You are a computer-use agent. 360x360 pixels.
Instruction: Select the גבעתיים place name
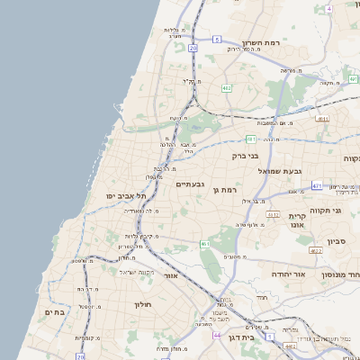click(190, 184)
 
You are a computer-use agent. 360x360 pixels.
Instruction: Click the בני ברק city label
click(245, 156)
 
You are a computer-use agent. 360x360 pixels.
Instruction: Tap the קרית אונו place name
click(299, 220)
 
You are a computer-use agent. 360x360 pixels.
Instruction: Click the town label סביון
click(337, 241)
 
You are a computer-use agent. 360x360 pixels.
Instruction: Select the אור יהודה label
click(289, 274)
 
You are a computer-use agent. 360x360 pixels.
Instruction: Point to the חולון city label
click(144, 304)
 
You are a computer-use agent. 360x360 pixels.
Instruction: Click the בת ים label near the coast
click(55, 311)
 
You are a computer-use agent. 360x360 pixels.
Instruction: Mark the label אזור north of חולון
click(171, 276)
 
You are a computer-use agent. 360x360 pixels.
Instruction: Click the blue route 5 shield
click(217, 40)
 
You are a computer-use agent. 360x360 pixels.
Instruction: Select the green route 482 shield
click(225, 88)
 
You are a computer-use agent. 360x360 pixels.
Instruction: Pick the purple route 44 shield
click(217, 335)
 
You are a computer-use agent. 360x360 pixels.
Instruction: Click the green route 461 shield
click(205, 244)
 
